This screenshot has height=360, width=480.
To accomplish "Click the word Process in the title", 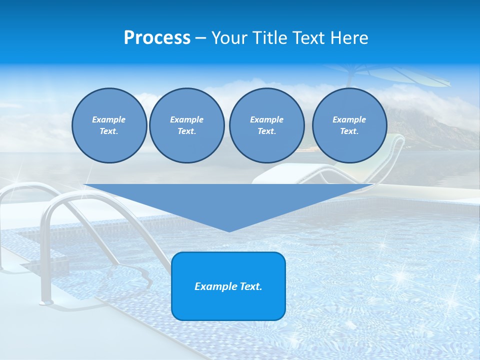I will pyautogui.click(x=157, y=38).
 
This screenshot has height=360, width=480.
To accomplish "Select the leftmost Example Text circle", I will pyautogui.click(x=109, y=125).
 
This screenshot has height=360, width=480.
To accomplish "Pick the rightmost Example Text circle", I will pyautogui.click(x=349, y=125).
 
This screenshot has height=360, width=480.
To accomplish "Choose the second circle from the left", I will pyautogui.click(x=186, y=125).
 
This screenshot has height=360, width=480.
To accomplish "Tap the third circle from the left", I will pyautogui.click(x=266, y=125).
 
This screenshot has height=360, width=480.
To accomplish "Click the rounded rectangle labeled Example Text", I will pyautogui.click(x=228, y=286).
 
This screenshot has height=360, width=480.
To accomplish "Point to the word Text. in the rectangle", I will pyautogui.click(x=250, y=286).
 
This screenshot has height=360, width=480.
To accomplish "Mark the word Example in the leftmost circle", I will pyautogui.click(x=109, y=119).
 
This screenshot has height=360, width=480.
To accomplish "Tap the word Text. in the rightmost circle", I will pyautogui.click(x=349, y=131).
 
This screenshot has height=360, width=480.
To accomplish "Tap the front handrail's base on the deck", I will pyautogui.click(x=46, y=301).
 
